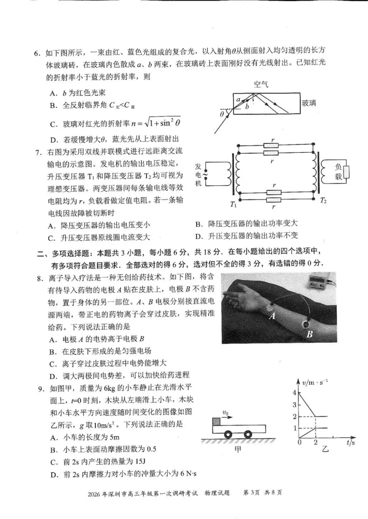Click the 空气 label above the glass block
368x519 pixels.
pos(261,84)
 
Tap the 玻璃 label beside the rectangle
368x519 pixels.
pos(309,103)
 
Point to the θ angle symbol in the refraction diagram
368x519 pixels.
pos(222,114)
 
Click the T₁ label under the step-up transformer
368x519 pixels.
pos(233,205)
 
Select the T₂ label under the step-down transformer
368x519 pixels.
pos(323,200)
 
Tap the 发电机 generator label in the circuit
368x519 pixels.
pos(198,175)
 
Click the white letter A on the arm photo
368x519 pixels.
pos(272,316)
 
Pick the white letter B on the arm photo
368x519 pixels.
pos(309,334)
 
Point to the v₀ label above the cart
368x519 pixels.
pos(226,413)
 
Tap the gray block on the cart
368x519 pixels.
pos(216,421)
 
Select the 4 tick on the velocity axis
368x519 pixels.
pos(294,392)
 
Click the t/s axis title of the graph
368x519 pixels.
pos(351,442)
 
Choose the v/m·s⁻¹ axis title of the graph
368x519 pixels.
pos(315,383)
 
